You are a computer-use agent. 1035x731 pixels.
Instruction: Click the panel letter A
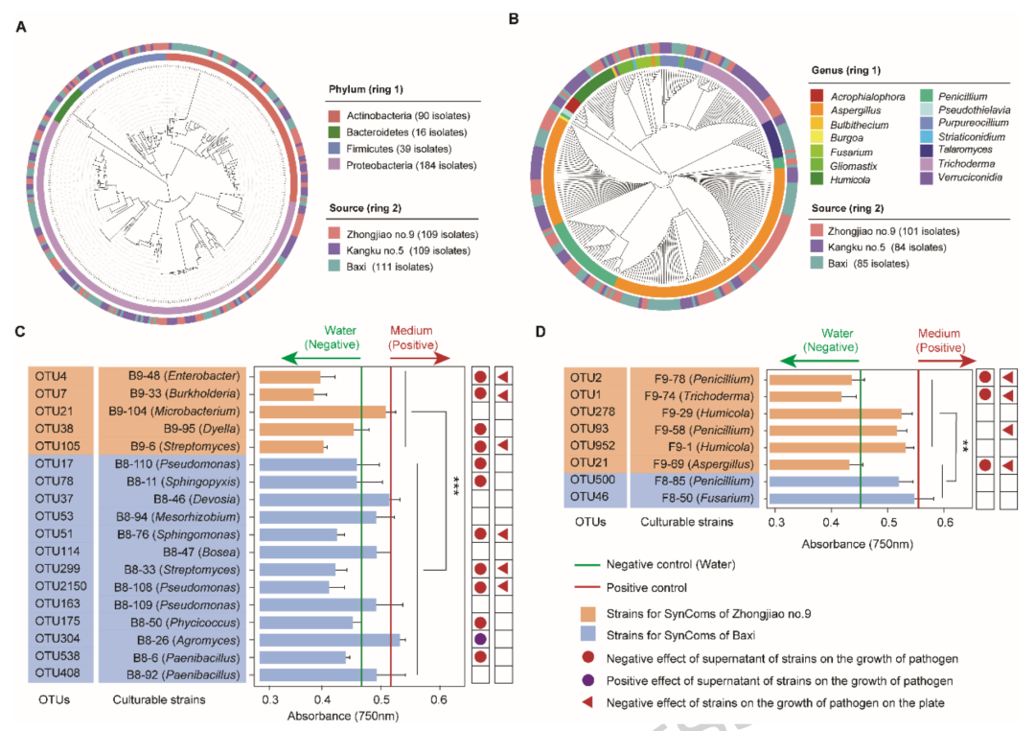(x=22, y=27)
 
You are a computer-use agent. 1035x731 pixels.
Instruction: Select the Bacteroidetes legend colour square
(x=334, y=132)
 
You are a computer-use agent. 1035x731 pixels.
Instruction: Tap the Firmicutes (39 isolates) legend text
(x=399, y=149)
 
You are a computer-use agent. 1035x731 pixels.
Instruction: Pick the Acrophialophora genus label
(x=867, y=97)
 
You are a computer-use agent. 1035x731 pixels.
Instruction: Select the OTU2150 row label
(x=60, y=586)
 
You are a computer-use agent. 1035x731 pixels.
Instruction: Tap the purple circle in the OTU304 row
(x=480, y=639)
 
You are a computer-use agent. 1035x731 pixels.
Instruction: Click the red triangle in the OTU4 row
(x=503, y=377)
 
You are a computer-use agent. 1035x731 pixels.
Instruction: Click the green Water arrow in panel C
(x=321, y=359)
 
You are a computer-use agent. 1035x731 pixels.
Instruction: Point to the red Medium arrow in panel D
(x=947, y=361)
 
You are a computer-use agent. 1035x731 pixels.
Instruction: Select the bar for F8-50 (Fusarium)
(x=841, y=498)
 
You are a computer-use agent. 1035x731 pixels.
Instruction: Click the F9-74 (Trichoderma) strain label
(x=699, y=396)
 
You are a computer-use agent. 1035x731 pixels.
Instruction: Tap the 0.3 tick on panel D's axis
(x=776, y=522)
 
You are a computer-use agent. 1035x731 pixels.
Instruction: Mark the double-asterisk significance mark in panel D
(x=965, y=446)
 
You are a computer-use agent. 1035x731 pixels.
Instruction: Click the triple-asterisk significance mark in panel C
(x=455, y=485)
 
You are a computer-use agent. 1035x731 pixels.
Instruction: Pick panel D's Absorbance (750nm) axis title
(x=858, y=544)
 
